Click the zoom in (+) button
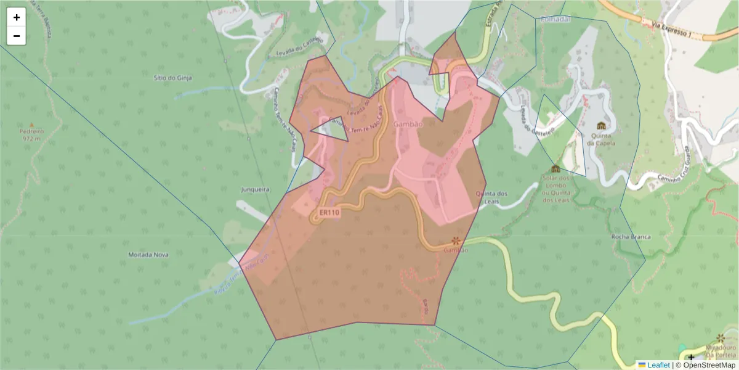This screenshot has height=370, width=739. point(17,17)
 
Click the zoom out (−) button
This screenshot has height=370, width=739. point(17,36)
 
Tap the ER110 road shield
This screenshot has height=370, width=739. point(329,213)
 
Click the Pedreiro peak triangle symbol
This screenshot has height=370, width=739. point(31,125)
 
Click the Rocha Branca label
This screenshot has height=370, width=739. point(631,237)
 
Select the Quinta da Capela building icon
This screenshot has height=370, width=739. point(601,125)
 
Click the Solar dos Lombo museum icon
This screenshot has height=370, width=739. point(555,168)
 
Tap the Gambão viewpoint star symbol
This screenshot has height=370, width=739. point(456,240)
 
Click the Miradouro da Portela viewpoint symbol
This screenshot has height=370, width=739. point(721,339)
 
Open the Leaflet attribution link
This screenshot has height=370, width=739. point(658,365)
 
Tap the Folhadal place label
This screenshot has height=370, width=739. point(555,19)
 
